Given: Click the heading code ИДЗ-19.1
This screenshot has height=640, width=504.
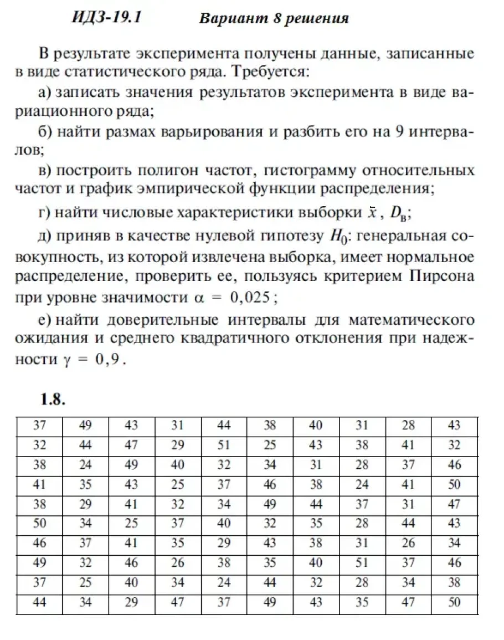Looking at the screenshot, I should [x=107, y=17].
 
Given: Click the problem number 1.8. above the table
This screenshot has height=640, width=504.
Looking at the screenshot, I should [x=53, y=400].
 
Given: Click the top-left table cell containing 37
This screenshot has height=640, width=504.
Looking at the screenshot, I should [x=39, y=426].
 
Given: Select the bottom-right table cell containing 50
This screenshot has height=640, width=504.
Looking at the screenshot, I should [x=454, y=603].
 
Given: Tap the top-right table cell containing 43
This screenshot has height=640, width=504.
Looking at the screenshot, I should [x=454, y=426].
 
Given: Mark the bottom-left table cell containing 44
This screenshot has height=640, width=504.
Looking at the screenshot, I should [x=39, y=603].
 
